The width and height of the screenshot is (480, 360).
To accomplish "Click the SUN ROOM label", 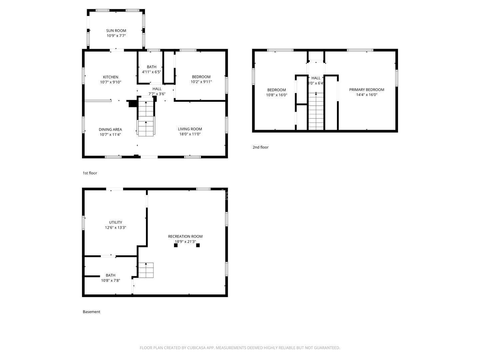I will [x=116, y=31].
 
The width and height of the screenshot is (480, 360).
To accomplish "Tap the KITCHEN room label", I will [x=110, y=77].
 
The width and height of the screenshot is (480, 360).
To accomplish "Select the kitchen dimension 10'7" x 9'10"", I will [x=110, y=82].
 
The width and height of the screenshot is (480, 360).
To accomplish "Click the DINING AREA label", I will [x=110, y=129].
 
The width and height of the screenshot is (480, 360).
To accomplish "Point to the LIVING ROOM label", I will [x=190, y=129].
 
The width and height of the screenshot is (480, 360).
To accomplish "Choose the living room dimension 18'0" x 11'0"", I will [x=190, y=134].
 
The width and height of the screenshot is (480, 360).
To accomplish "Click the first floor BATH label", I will [x=151, y=67].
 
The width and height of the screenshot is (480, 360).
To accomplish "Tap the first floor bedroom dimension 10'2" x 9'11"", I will [x=201, y=82].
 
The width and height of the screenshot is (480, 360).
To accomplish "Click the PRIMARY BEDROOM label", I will [x=366, y=90].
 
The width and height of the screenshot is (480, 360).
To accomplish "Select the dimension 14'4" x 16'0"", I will [x=366, y=95].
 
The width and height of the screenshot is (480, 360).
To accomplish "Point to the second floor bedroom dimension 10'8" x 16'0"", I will [x=276, y=95].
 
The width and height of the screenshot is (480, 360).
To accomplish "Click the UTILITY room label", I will [x=115, y=222].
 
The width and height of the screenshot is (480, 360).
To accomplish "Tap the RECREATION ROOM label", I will [x=185, y=236].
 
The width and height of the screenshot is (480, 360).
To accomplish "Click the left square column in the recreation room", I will [x=176, y=245].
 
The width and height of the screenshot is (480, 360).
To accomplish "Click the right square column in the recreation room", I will [x=198, y=245].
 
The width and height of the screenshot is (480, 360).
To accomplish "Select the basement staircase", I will [x=146, y=270].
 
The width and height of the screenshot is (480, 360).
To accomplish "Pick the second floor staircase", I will [x=316, y=111].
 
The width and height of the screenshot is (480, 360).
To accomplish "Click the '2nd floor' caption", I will [x=260, y=147].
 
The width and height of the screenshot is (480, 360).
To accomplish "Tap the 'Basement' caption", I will [x=91, y=312].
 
